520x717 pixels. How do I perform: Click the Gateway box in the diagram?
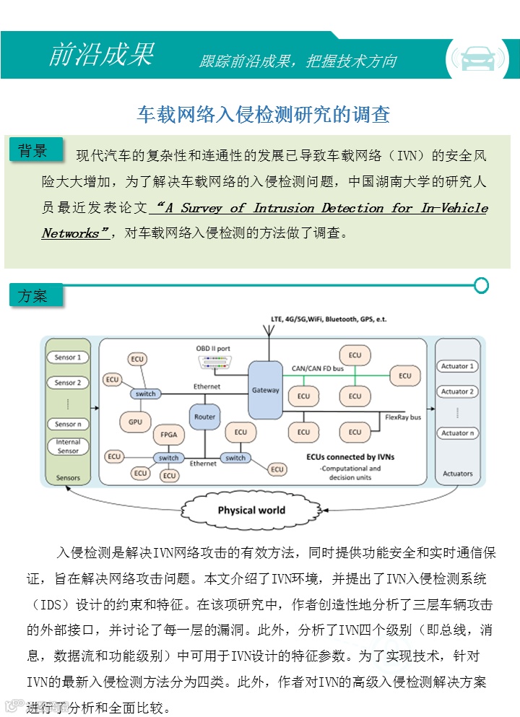pos(265,391)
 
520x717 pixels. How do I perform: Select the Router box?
pos(204,417)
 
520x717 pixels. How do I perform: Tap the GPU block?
pos(134,421)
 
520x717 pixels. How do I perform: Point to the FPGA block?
pos(169,435)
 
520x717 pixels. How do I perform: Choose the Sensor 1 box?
pos(68,357)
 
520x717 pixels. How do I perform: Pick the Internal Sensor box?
pos(68,446)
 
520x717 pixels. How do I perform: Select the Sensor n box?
pos(68,424)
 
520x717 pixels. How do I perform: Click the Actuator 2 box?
pos(457,391)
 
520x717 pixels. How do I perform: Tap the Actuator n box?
pos(457,433)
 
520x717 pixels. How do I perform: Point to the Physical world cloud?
pos(251,510)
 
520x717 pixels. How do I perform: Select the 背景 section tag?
pos(34,150)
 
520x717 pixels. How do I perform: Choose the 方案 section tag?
pos(34,295)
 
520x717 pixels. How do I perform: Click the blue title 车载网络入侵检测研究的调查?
pos(264,113)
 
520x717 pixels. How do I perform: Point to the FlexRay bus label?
pos(403,417)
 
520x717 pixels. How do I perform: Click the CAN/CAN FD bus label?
pos(317,368)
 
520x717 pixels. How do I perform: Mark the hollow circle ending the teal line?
pos(482,285)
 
